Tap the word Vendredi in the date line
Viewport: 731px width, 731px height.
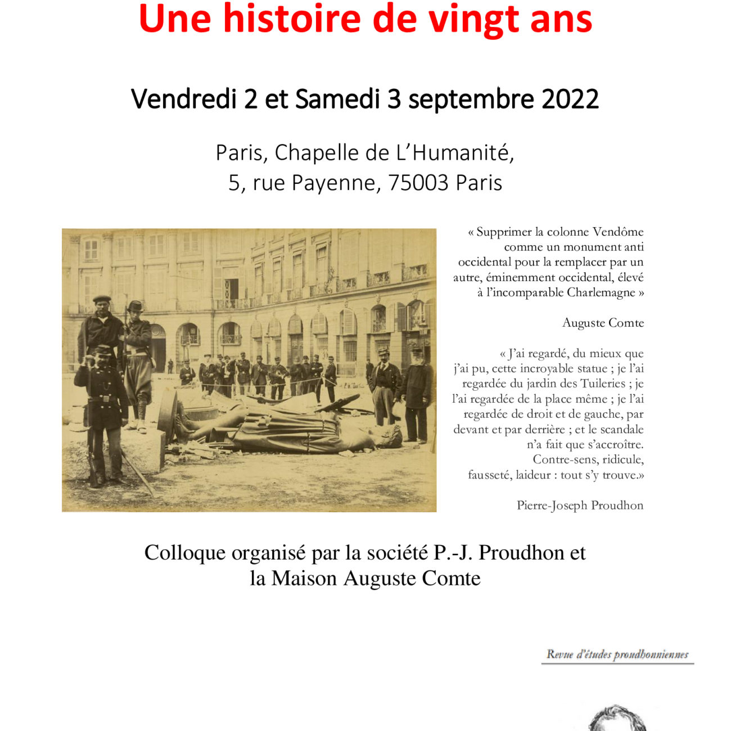[x=183, y=100]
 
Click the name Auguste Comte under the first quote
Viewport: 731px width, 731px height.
[x=603, y=323]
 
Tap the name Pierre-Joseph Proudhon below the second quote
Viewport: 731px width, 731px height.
[x=580, y=505]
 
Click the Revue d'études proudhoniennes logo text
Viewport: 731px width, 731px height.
[x=617, y=655]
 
